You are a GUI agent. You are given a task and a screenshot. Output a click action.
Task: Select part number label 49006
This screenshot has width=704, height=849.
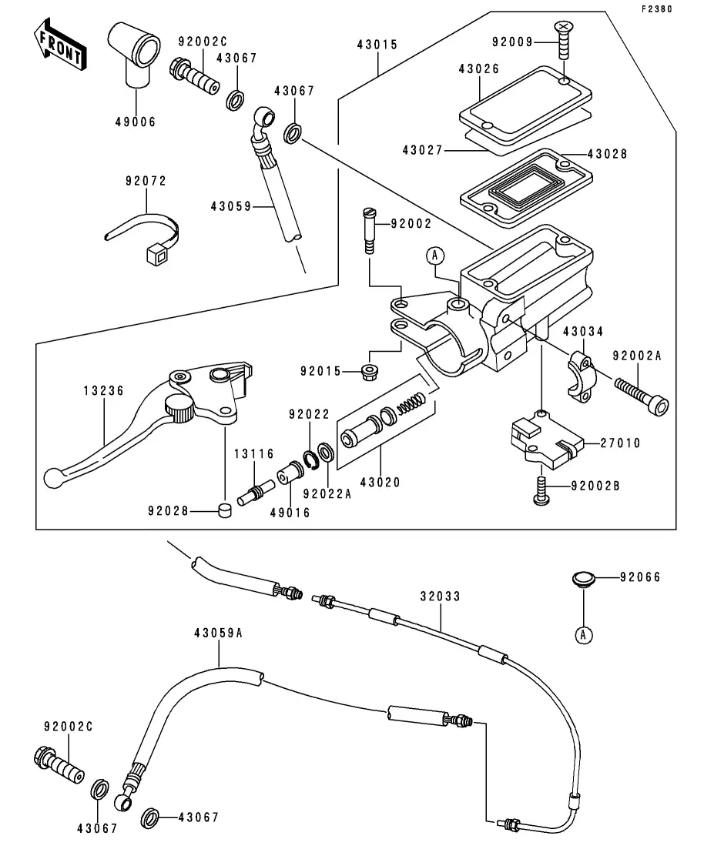pos(136,122)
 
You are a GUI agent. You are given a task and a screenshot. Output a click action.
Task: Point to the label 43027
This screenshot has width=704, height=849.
pos(422,150)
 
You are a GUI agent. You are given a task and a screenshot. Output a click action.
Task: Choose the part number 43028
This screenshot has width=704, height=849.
pos(607,154)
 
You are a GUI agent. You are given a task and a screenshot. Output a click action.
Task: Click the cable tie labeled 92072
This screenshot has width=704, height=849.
pos(145,234)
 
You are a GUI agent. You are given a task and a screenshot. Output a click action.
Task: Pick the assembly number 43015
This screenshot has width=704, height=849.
pos(377,45)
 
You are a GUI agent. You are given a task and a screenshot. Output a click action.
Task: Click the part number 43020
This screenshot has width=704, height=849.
pos(380,483)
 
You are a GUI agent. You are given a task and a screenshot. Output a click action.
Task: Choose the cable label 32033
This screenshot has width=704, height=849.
pos(441,595)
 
